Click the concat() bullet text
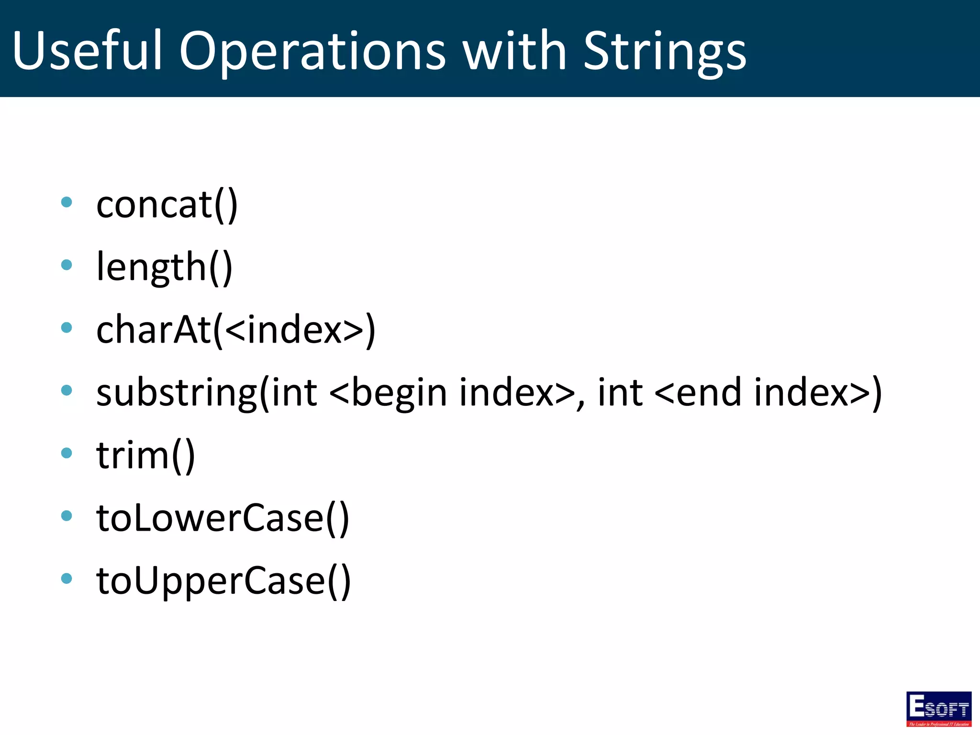click(167, 205)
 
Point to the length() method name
click(164, 267)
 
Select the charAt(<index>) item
click(235, 330)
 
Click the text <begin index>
click(452, 393)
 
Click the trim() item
click(145, 455)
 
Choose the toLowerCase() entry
click(223, 518)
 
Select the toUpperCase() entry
click(223, 580)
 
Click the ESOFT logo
click(938, 709)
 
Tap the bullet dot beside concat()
click(67, 202)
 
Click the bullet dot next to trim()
click(67, 453)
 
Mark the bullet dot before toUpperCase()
click(67, 578)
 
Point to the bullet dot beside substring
click(67, 390)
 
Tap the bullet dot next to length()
click(67, 265)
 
